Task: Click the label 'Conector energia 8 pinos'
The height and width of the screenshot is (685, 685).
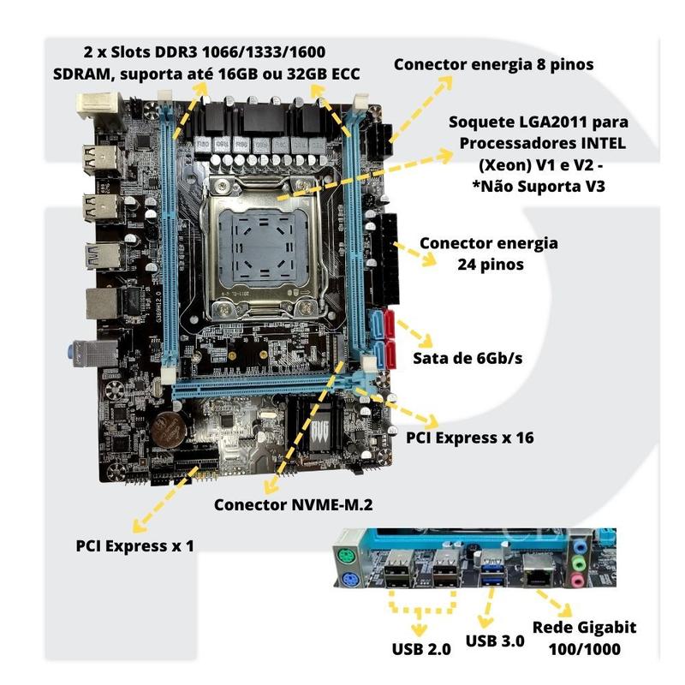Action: click(x=493, y=65)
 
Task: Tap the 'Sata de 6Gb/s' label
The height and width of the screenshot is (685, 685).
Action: click(x=468, y=358)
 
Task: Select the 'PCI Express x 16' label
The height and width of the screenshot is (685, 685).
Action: click(x=469, y=438)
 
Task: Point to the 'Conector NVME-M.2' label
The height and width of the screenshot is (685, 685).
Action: click(x=293, y=504)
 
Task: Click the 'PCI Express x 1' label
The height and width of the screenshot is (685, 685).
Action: click(x=134, y=545)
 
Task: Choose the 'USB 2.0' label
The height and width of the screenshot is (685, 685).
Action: click(x=421, y=649)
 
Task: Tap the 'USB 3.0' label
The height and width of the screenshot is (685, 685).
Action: click(x=495, y=640)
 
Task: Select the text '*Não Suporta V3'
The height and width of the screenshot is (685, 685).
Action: click(x=539, y=187)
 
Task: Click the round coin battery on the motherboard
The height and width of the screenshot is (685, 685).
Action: click(x=169, y=429)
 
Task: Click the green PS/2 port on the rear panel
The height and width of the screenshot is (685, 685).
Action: click(x=346, y=557)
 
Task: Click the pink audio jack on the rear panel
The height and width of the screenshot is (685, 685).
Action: click(x=577, y=581)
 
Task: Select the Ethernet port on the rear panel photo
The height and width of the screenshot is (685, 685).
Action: click(x=539, y=570)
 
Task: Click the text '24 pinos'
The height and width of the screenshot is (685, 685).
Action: click(x=490, y=265)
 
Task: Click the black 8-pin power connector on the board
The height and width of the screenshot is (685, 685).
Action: click(x=379, y=140)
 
